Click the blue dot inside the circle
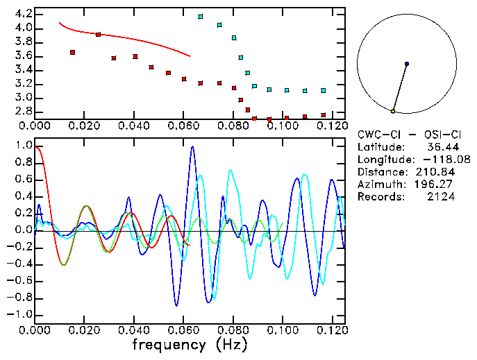(x=406, y=64)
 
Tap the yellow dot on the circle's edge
(x=393, y=111)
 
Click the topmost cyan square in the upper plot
(x=201, y=17)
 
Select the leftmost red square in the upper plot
(x=73, y=52)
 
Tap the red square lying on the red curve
(x=98, y=34)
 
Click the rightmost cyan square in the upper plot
(x=323, y=90)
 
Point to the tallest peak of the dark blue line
(x=192, y=147)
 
